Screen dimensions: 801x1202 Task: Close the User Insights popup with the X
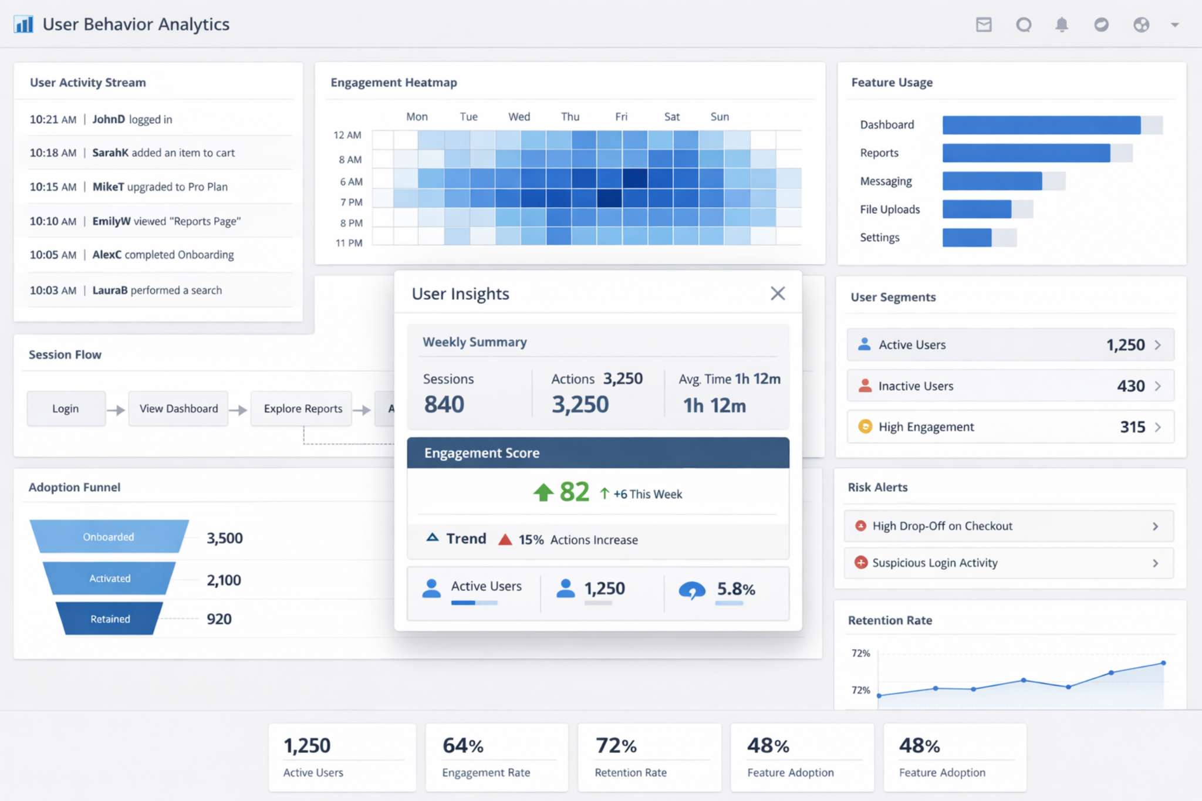(x=777, y=293)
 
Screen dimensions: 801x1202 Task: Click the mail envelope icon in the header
(x=984, y=25)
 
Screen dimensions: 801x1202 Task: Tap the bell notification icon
(x=1061, y=25)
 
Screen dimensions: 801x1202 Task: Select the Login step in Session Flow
(x=66, y=408)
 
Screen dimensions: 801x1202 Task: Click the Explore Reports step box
(x=302, y=408)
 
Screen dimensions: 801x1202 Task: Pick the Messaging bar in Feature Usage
(x=992, y=181)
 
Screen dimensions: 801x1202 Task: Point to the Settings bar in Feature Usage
(x=967, y=238)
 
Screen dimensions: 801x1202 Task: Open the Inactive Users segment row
(x=1009, y=386)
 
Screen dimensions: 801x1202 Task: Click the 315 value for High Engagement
(x=1132, y=427)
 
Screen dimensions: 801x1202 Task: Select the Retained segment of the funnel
(x=110, y=619)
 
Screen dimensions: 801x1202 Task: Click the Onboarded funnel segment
(x=109, y=536)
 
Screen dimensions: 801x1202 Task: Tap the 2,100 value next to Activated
(x=224, y=580)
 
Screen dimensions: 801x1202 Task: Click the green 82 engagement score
(x=573, y=492)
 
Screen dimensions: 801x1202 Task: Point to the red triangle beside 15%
(x=505, y=539)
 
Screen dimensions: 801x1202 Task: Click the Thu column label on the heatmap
(x=570, y=116)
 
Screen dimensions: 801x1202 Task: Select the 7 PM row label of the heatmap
(x=351, y=202)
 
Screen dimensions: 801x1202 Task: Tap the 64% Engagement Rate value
(x=462, y=745)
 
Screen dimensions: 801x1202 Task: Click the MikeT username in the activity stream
(x=108, y=187)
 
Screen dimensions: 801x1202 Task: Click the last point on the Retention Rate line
(x=1163, y=663)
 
